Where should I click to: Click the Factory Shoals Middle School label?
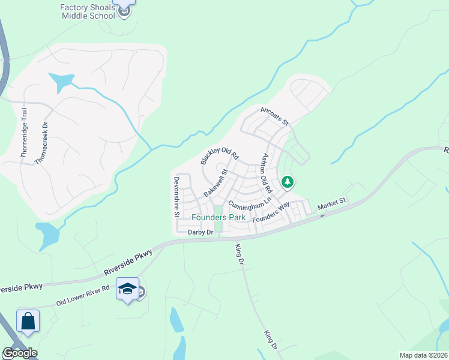tap(88, 11)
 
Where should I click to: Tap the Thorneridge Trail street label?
tap(25, 133)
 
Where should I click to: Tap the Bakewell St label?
tap(217, 183)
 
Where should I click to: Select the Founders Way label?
tap(271, 214)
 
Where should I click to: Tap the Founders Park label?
tap(218, 217)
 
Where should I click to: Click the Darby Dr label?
tap(201, 232)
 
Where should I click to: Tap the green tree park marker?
tap(288, 182)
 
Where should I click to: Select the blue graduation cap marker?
tap(128, 289)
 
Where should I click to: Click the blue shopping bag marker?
tap(28, 321)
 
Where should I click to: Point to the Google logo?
tap(20, 353)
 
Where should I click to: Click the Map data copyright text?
tap(423, 355)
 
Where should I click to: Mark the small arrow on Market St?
tap(322, 215)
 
